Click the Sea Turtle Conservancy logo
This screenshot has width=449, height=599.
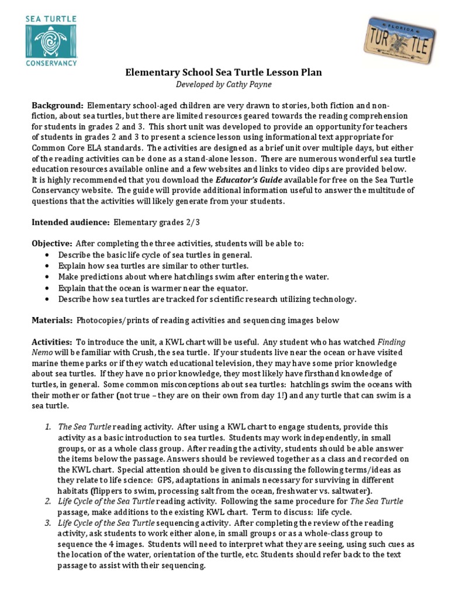[x=51, y=41]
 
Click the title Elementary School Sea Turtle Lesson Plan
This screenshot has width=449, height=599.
[x=224, y=73]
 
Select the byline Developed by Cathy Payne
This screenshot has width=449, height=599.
[x=224, y=84]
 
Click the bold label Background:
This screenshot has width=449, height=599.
[x=58, y=105]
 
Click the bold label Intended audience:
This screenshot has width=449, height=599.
[x=71, y=222]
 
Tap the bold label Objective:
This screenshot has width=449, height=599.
[x=52, y=243]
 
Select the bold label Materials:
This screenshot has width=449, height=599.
[x=52, y=321]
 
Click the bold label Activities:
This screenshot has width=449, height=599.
[x=53, y=342]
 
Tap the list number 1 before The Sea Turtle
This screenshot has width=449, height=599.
[x=48, y=427]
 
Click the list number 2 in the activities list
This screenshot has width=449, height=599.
[x=48, y=501]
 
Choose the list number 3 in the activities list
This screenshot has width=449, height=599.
[x=48, y=522]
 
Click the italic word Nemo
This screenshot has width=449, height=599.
[x=42, y=353]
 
